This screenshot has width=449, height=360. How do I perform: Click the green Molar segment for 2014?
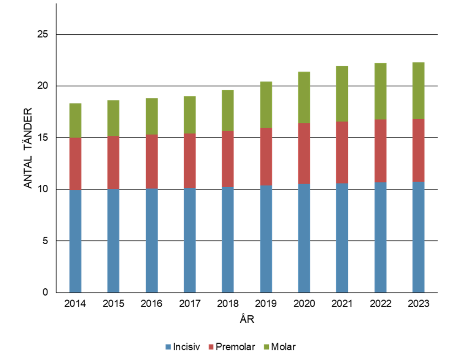75,121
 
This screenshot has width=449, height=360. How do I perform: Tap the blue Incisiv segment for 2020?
304,238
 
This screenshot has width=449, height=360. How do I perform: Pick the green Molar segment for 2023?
418,91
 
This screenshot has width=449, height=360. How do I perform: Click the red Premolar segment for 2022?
380,151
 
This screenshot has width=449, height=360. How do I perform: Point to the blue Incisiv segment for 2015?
113,240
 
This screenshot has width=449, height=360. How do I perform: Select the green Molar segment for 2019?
266,105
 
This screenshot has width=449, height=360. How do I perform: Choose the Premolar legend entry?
231,346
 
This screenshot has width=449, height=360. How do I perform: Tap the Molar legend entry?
279,346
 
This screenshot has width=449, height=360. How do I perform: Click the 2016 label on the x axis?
151,304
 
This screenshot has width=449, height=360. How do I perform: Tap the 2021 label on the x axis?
342,304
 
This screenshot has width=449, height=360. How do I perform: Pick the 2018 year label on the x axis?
228,304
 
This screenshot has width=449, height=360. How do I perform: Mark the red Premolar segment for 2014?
75,164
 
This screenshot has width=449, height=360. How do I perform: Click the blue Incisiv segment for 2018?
228,239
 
